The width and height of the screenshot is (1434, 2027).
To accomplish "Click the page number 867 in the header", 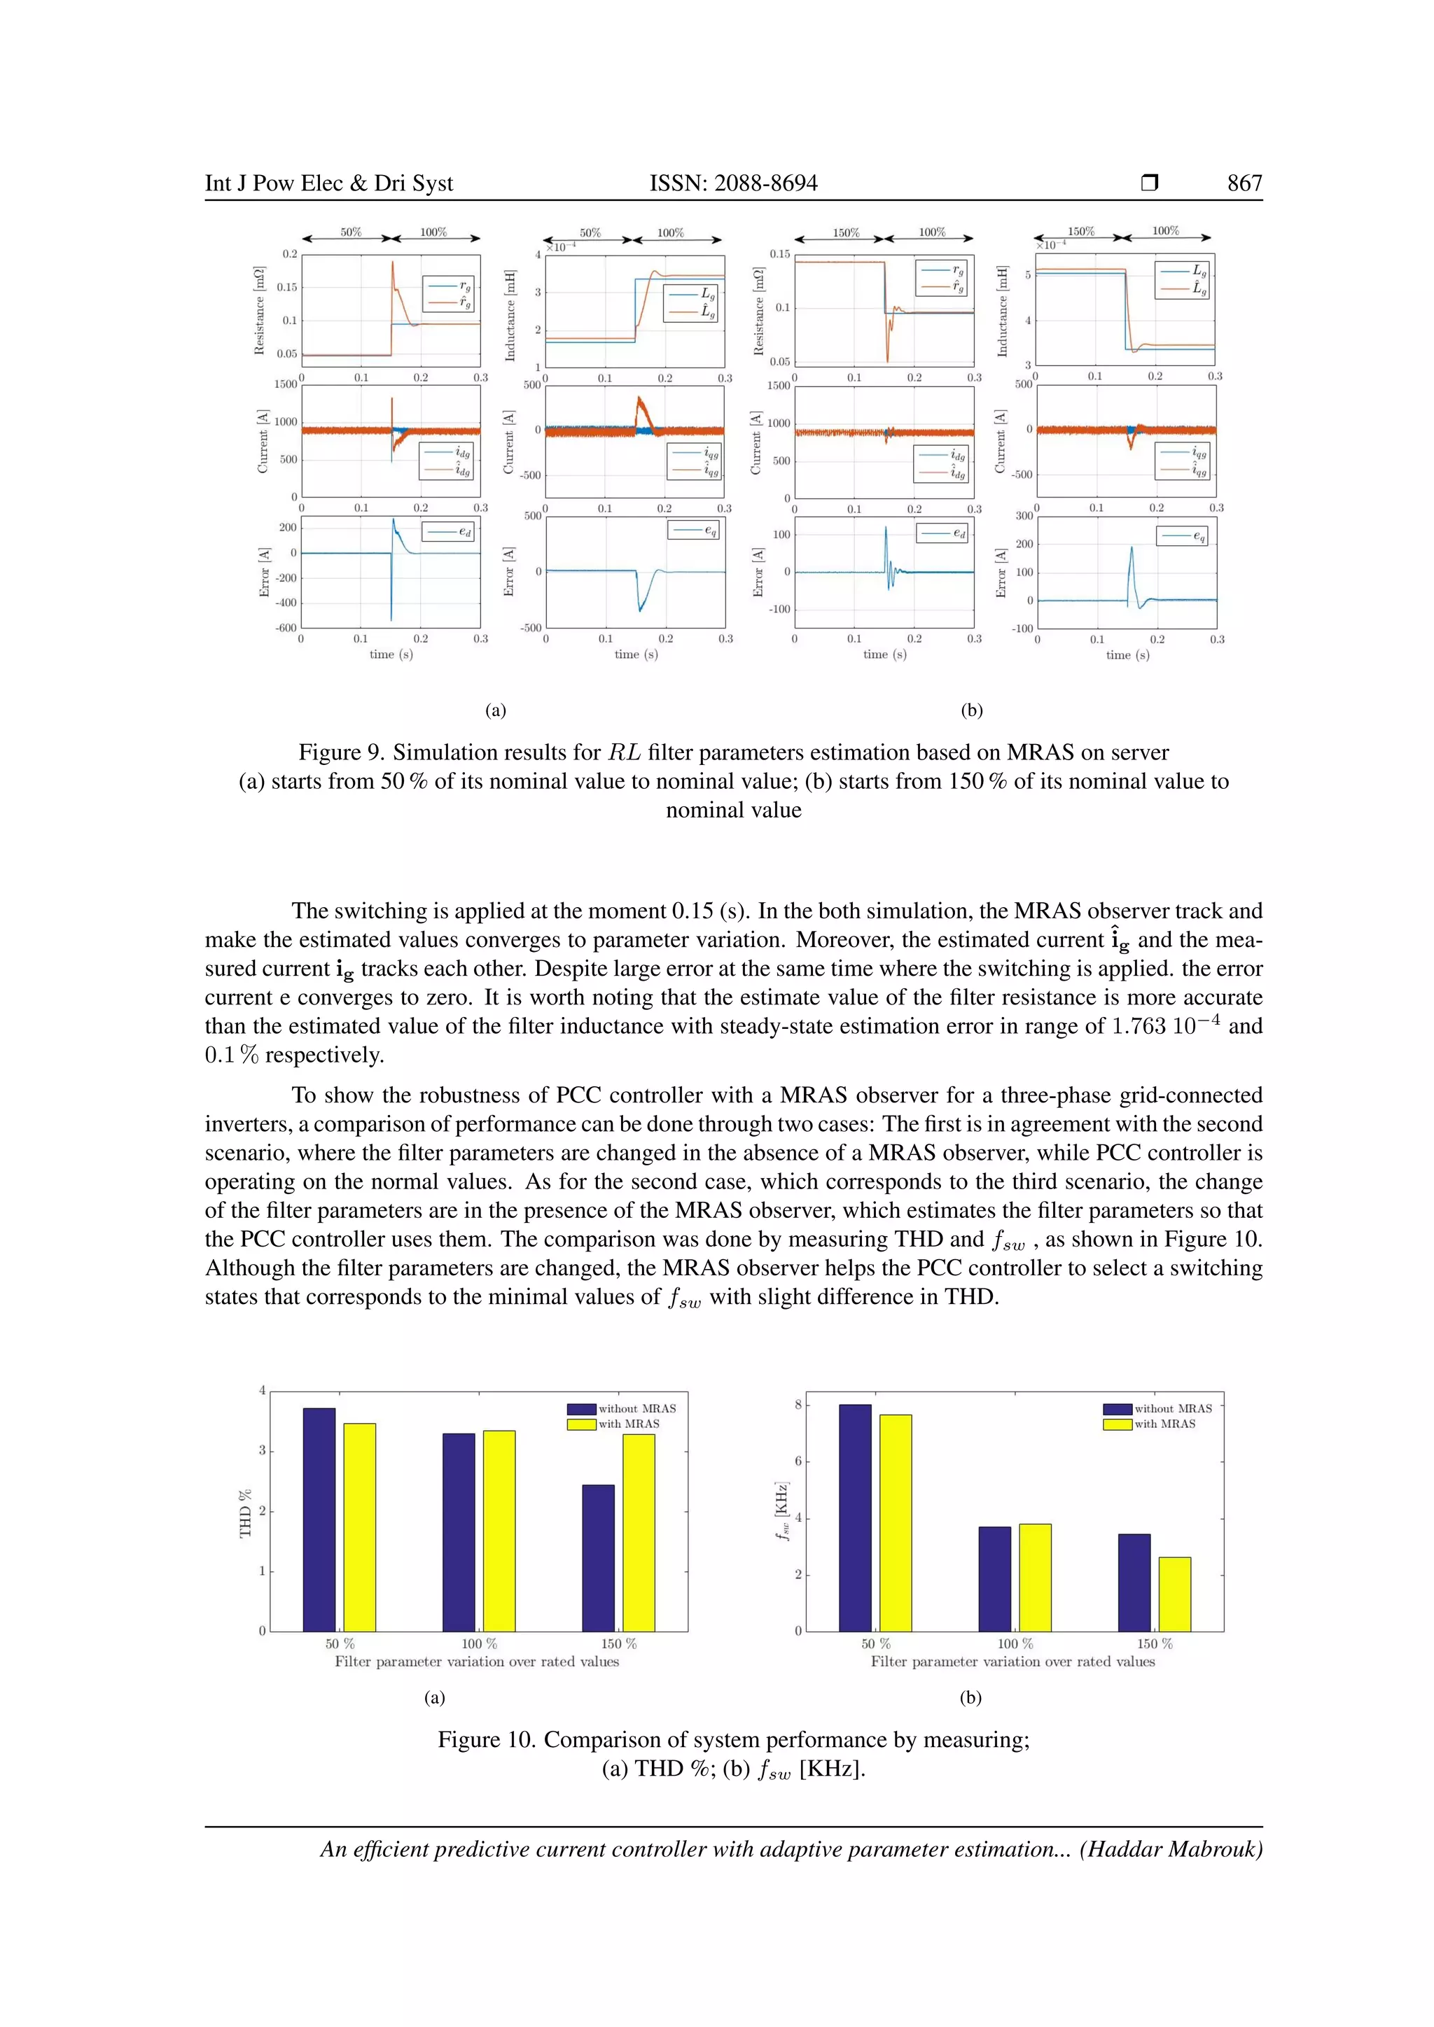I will click(1244, 183).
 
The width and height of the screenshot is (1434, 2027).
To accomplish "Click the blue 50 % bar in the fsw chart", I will click(855, 1517).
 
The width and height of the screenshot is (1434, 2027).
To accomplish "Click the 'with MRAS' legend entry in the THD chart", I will click(629, 1424).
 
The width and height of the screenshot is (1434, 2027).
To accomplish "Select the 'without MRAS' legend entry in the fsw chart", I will click(1173, 1408).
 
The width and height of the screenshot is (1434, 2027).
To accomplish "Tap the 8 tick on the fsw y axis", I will click(798, 1404).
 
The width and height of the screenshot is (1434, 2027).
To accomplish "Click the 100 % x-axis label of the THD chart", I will click(480, 1644).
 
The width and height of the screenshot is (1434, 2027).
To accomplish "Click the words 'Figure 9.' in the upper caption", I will click(342, 752).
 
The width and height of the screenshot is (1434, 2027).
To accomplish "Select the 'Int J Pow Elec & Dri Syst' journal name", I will click(328, 183).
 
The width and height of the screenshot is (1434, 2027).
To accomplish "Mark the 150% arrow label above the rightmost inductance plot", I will click(1081, 231).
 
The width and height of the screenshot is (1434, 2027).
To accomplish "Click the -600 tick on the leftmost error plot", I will click(287, 628).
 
